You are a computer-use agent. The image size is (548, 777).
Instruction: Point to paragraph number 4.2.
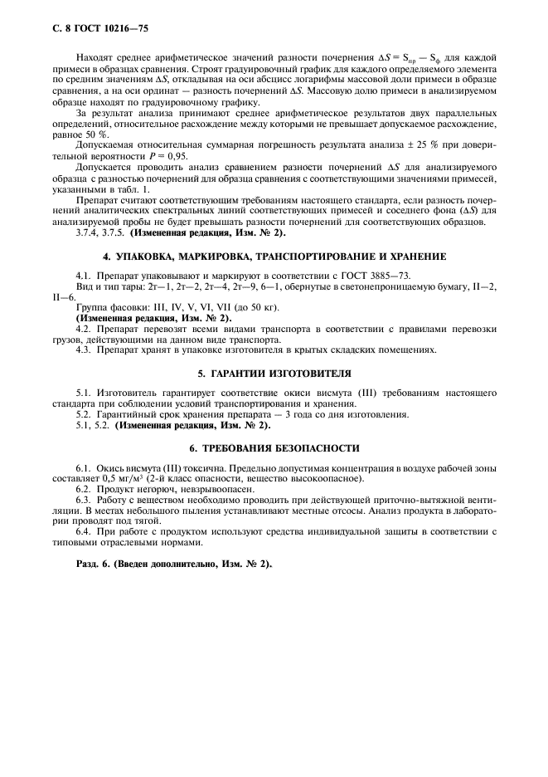point(83,329)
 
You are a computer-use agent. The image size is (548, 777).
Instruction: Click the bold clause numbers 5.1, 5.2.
point(92,426)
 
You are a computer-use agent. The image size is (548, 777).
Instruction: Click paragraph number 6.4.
point(83,530)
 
